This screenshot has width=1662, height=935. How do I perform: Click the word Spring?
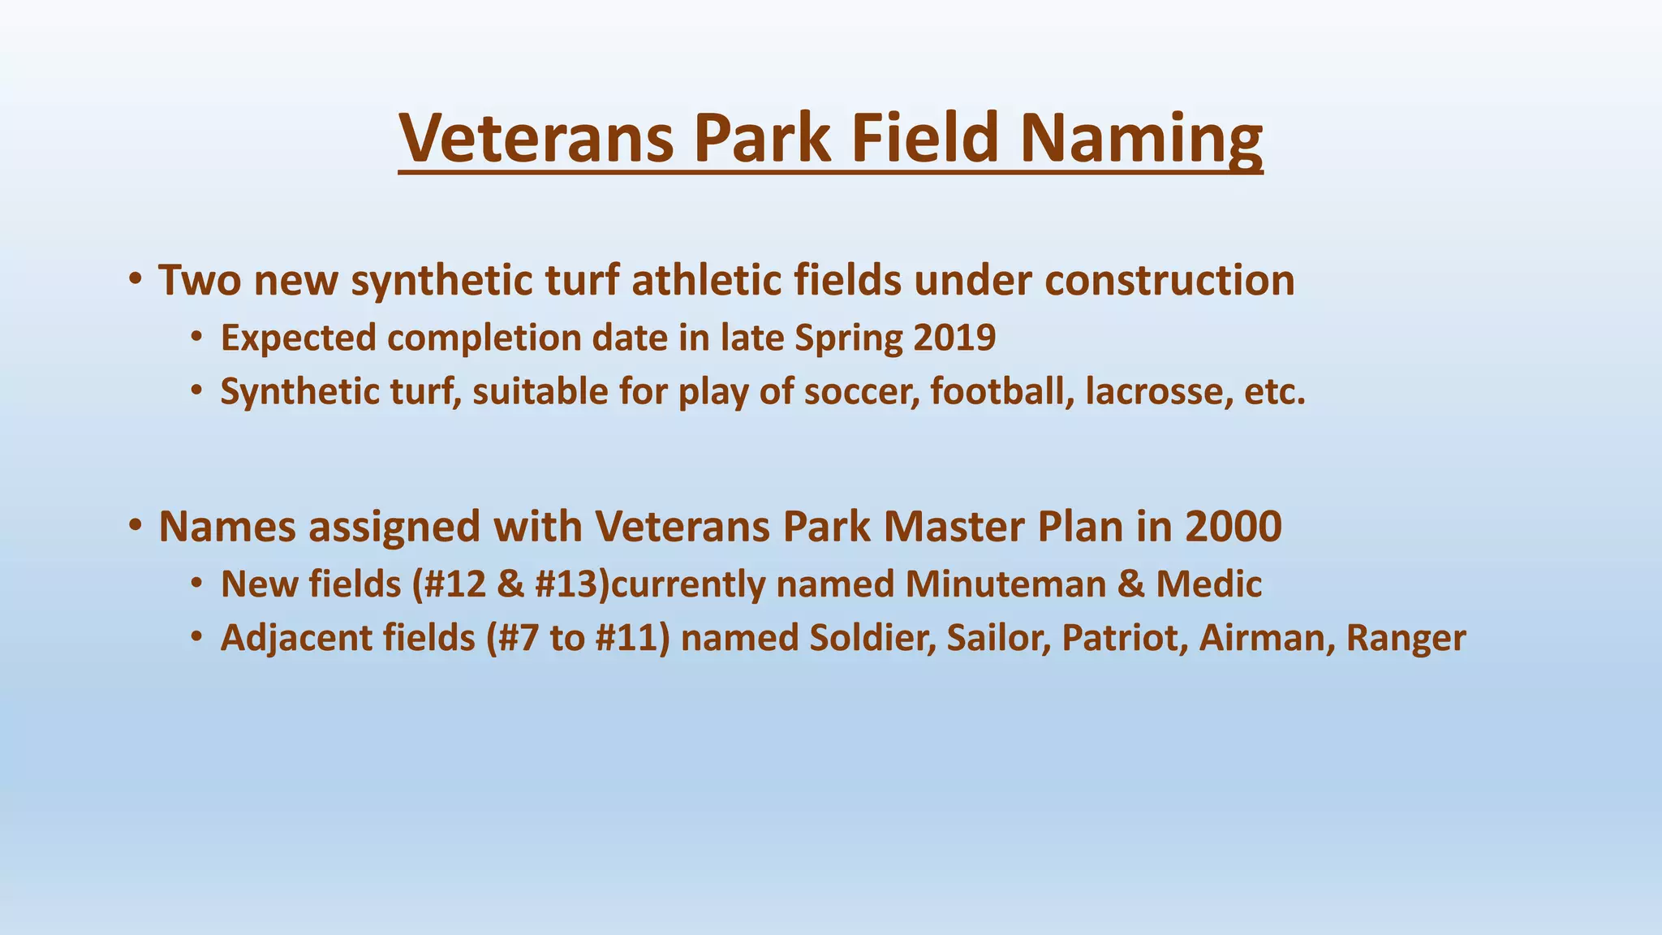coord(848,338)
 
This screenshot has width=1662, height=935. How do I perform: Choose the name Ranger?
coord(1406,639)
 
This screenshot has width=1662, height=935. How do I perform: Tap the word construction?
coord(1169,281)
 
